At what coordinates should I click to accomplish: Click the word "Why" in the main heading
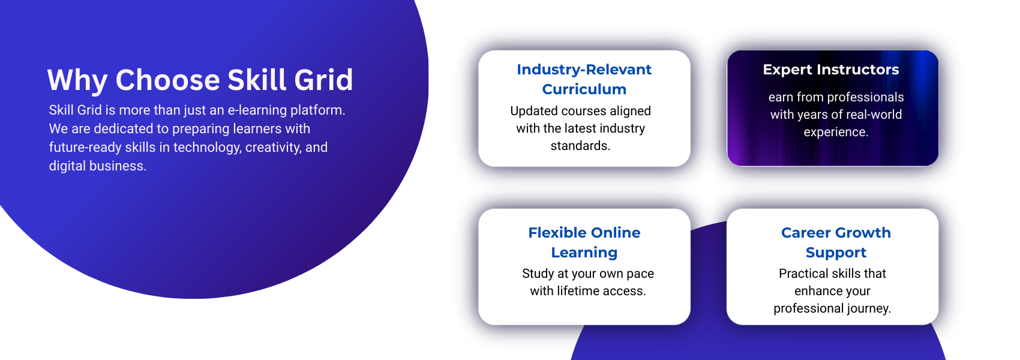77,80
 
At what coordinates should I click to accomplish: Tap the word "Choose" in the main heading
167,80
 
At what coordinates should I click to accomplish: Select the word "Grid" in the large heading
323,80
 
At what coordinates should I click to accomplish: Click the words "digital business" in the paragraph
97,166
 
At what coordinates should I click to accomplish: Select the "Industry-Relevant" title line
584,70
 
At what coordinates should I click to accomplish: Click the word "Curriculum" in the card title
584,89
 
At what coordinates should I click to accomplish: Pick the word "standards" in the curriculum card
579,146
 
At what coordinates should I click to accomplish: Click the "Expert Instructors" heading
831,70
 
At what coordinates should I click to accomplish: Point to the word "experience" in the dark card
835,133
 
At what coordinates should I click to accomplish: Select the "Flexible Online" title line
584,233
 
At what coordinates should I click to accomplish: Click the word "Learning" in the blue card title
584,253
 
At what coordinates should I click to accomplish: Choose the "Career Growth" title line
836,233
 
